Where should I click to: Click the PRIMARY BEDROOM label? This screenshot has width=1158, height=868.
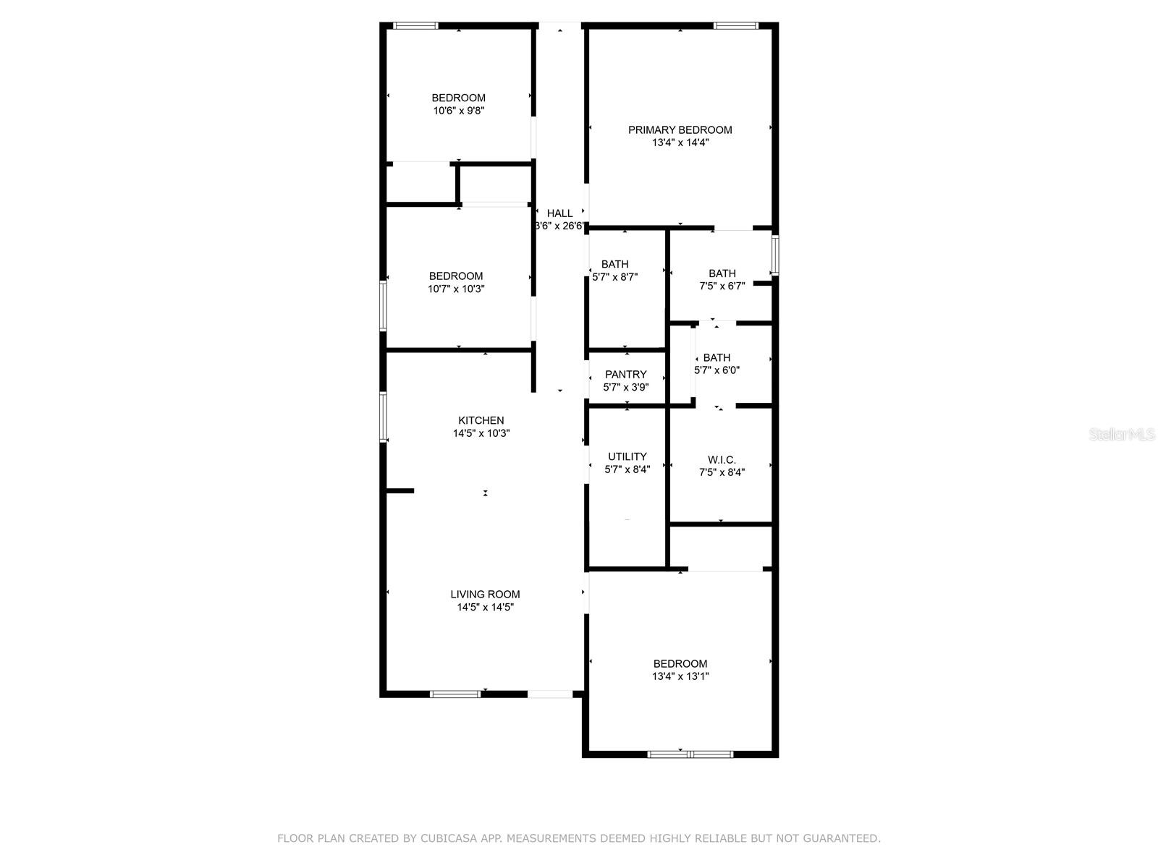click(x=680, y=129)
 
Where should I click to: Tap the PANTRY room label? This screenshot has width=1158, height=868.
click(x=625, y=374)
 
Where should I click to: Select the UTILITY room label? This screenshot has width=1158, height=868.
click(x=627, y=456)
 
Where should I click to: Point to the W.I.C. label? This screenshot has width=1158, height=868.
click(x=721, y=460)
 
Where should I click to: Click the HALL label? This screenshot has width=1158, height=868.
click(x=559, y=213)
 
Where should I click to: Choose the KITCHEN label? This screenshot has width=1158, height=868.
click(x=481, y=420)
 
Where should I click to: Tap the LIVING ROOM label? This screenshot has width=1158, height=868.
click(x=485, y=595)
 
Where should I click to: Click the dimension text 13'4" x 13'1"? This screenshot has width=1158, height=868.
click(x=680, y=676)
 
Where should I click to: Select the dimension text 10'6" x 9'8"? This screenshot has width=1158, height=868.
click(x=458, y=111)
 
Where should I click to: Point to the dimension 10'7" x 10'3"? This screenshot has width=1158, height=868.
click(x=456, y=289)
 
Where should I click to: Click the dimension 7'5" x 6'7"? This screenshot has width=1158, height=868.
click(x=722, y=286)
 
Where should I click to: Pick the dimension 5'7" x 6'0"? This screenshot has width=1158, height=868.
click(x=717, y=370)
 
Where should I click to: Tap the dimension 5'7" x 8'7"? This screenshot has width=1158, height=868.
click(x=614, y=277)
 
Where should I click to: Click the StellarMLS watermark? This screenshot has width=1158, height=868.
click(x=1122, y=435)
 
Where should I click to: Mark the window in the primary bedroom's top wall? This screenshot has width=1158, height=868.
click(x=736, y=25)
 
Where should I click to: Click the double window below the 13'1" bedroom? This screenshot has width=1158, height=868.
click(x=690, y=754)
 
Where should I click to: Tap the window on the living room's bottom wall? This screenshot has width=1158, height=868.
click(x=455, y=694)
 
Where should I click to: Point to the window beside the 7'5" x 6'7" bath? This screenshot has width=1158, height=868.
click(x=775, y=255)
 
